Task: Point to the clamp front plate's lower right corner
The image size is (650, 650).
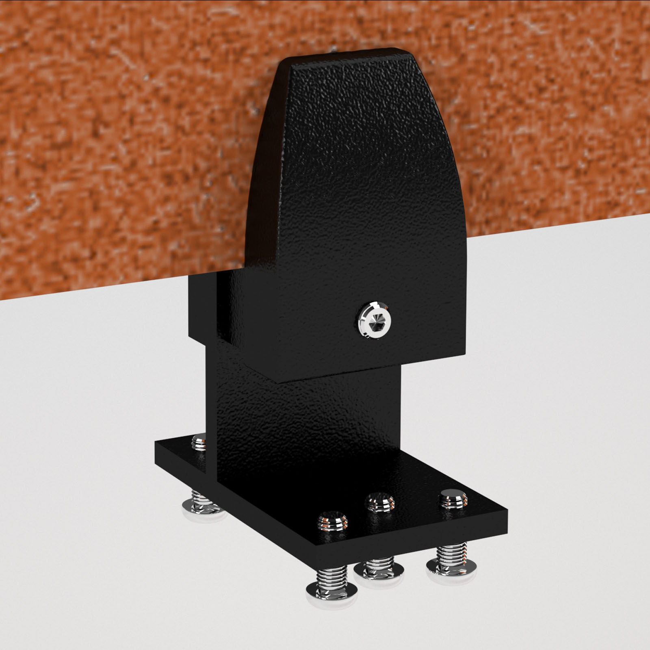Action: click(464, 354)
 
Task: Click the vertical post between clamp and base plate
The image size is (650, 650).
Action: click(309, 414)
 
